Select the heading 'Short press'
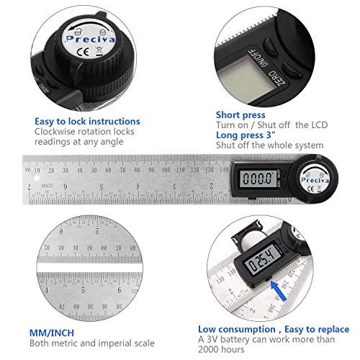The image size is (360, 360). pyautogui.click(x=240, y=114)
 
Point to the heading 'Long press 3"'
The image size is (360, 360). pyautogui.click(x=247, y=135)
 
